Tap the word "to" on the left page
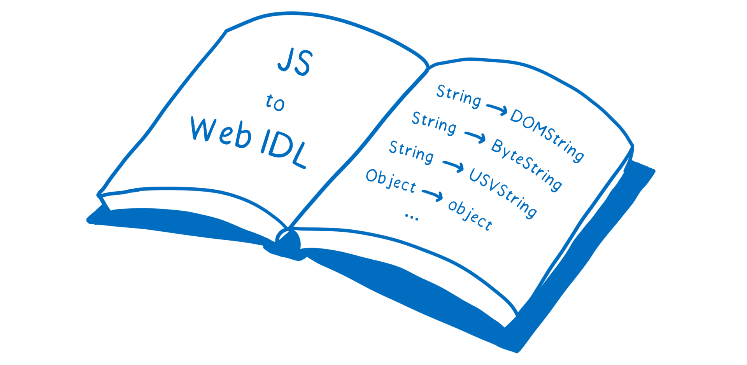pyautogui.click(x=275, y=103)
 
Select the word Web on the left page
pyautogui.click(x=221, y=133)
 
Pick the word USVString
pyautogui.click(x=503, y=193)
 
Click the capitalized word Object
pyautogui.click(x=391, y=181)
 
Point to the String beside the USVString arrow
pyautogui.click(x=411, y=152)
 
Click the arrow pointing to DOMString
pyautogui.click(x=497, y=109)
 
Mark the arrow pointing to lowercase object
pyautogui.click(x=432, y=195)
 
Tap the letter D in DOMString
pyautogui.click(x=518, y=116)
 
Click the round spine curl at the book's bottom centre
pyautogui.click(x=288, y=241)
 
